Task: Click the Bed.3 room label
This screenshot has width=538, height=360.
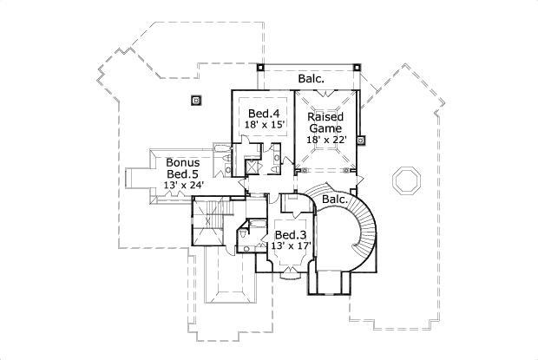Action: click(290, 235)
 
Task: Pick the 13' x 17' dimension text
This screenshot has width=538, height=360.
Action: click(290, 246)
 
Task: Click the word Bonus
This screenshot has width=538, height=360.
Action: click(183, 162)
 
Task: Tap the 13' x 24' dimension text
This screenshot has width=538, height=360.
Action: click(183, 185)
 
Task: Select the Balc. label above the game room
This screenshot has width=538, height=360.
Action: click(312, 79)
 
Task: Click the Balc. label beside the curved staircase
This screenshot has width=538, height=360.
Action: click(335, 200)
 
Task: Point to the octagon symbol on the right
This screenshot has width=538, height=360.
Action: click(404, 180)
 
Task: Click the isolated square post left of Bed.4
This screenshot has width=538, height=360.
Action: click(196, 100)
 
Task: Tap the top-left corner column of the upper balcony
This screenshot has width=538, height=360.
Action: click(260, 67)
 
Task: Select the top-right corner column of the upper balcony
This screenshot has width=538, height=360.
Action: click(357, 66)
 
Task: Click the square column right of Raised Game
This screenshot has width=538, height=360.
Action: click(361, 136)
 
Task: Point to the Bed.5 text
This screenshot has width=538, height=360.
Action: click(183, 173)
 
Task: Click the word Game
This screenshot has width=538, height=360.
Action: click(325, 127)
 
